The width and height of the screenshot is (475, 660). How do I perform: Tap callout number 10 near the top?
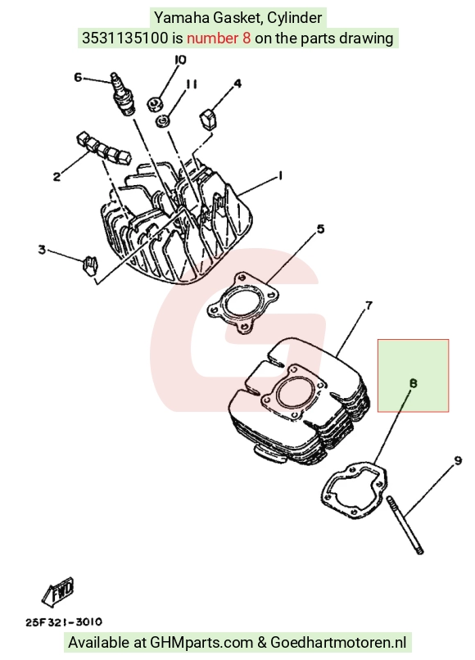tap(179, 61)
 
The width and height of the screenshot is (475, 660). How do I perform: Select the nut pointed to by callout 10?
tap(155, 103)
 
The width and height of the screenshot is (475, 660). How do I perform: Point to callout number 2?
tap(57, 177)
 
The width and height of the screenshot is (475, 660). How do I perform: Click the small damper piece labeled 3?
tap(90, 265)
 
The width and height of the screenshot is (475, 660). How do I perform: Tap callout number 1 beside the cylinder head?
tap(280, 176)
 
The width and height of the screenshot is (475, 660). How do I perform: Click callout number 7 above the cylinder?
tap(369, 305)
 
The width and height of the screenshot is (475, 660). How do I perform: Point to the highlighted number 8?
tap(413, 383)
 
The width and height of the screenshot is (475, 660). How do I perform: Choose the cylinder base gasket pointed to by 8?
tap(353, 490)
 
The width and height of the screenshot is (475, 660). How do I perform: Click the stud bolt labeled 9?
tap(405, 525)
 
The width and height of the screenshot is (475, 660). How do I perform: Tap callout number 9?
tap(458, 460)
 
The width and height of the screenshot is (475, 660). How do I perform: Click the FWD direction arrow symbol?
tap(58, 591)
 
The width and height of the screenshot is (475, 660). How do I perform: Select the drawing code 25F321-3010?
tap(64, 622)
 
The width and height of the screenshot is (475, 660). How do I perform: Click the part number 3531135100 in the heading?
tap(124, 38)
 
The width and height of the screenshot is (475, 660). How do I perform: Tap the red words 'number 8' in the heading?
tap(219, 38)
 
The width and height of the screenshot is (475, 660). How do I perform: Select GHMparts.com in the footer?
tap(201, 643)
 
